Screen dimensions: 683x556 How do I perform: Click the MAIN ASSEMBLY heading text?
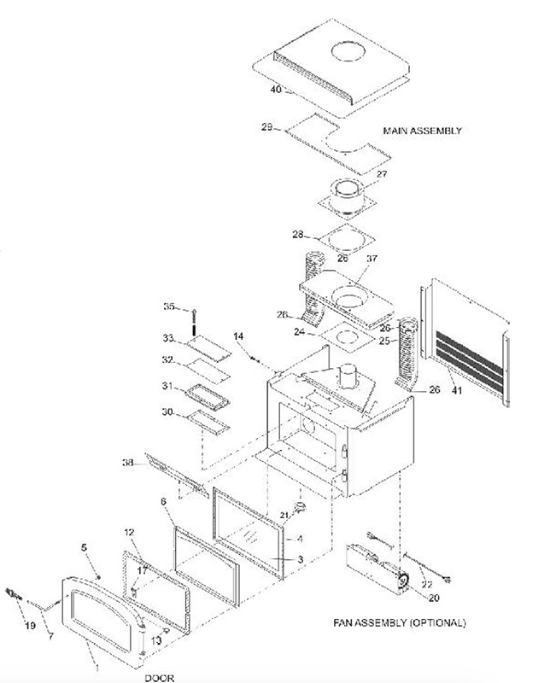422,131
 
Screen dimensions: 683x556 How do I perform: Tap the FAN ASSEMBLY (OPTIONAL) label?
400,622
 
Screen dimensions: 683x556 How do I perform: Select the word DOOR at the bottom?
160,678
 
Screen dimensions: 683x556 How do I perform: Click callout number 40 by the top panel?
275,88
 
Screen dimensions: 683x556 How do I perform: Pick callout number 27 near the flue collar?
381,174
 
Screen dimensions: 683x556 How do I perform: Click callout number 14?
238,336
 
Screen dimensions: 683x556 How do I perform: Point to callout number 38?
127,464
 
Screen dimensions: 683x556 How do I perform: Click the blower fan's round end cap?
399,583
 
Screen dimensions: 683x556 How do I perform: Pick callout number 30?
169,412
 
